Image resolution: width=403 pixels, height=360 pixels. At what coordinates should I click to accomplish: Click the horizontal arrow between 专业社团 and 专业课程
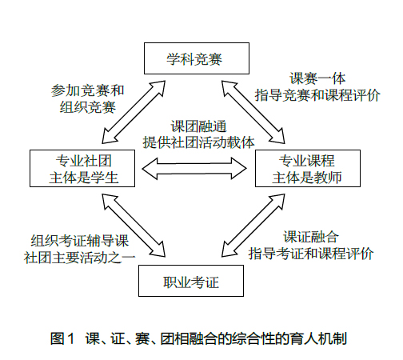click(194, 168)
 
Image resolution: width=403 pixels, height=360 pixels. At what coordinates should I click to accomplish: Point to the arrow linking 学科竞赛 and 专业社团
click(134, 112)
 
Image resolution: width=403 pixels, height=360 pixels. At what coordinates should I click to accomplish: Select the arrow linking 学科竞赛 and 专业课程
click(253, 112)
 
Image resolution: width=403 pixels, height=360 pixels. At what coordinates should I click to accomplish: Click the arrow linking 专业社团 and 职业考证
click(134, 226)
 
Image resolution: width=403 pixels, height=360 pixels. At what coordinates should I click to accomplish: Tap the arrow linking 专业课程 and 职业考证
click(253, 226)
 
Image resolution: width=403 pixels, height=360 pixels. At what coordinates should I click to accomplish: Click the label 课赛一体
click(317, 78)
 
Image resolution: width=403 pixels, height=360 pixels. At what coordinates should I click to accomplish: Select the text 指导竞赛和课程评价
click(317, 95)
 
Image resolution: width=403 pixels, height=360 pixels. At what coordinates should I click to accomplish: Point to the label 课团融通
click(198, 126)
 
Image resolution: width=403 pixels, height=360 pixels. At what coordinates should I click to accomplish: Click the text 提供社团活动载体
click(198, 142)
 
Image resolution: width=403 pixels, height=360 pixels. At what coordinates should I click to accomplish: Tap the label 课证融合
click(311, 237)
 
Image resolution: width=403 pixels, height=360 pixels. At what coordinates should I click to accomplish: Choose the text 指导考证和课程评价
click(311, 254)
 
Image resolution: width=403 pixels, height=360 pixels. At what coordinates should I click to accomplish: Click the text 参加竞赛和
click(88, 90)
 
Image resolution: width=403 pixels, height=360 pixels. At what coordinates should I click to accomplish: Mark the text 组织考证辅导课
click(80, 241)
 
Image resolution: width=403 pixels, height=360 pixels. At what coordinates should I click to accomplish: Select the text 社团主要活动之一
click(80, 258)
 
